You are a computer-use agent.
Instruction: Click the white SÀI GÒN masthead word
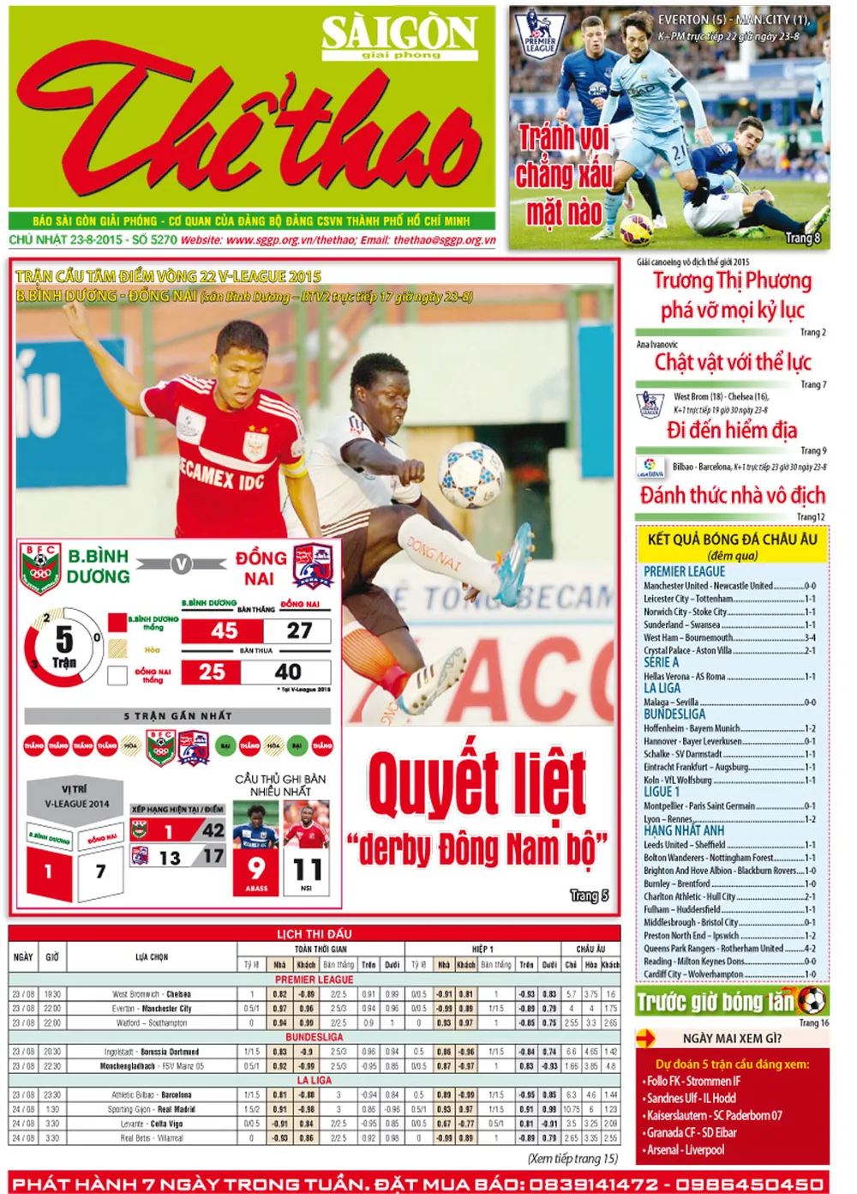coord(399,33)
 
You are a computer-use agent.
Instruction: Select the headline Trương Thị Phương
coord(732,281)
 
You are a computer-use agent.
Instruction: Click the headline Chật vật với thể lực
coord(733,362)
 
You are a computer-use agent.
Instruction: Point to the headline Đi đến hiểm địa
coord(732,430)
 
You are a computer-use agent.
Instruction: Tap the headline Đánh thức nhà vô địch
coord(733,495)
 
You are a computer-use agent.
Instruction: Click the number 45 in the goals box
coord(225,630)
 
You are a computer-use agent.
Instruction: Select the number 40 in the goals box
coord(288,672)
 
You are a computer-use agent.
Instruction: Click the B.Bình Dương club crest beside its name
coord(39,568)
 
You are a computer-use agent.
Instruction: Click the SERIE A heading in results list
coord(661,662)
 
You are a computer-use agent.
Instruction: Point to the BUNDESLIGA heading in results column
coord(674,715)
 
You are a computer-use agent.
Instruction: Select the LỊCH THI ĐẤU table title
coord(314,933)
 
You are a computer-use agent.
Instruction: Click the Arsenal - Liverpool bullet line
coord(686,1149)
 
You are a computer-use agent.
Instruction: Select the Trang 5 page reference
coord(590,895)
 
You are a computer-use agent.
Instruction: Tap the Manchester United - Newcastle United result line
coord(729,586)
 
